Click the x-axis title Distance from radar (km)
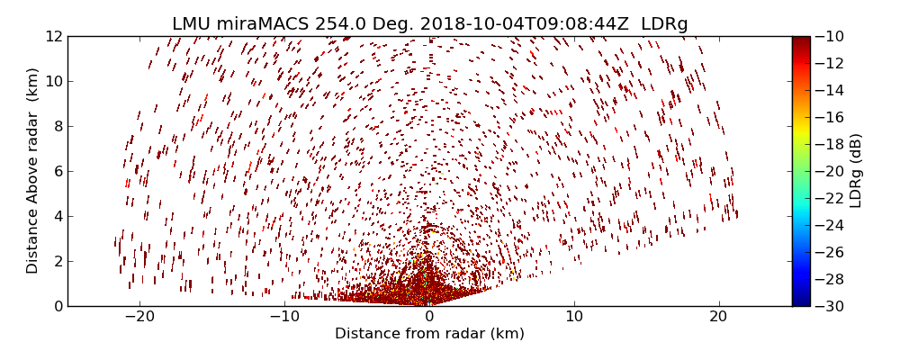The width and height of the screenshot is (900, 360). pos(429,334)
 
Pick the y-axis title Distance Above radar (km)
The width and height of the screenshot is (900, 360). pos(33,171)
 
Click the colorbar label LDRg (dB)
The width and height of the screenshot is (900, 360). pos(856,171)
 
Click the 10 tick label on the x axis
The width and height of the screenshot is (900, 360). pos(574,317)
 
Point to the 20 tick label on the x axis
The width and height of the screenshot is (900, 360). pos(718,317)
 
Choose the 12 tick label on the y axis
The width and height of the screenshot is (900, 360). pos(54,36)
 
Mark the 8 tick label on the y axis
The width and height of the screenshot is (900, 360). pos(58,126)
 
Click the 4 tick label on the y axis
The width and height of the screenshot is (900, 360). pos(58,216)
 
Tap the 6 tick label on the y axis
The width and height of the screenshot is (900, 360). pos(58,171)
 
